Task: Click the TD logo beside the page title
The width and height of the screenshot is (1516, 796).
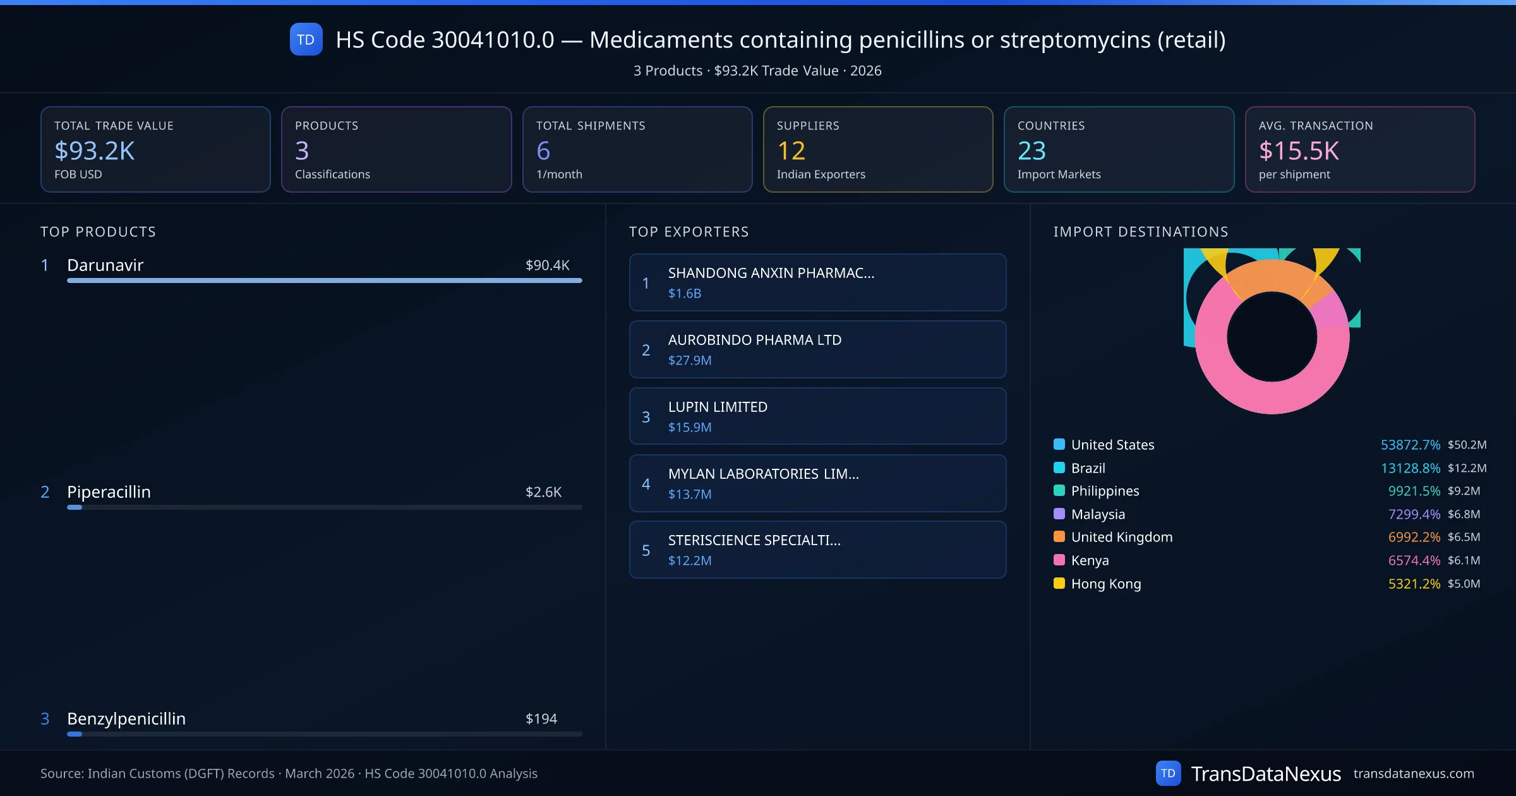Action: point(306,39)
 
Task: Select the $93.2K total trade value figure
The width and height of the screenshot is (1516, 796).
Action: point(95,150)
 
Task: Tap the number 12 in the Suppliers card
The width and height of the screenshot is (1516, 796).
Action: point(791,150)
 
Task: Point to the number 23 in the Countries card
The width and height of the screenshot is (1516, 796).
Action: point(1032,150)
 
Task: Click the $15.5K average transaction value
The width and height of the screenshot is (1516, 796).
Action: point(1299,150)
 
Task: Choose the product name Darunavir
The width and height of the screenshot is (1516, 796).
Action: point(105,265)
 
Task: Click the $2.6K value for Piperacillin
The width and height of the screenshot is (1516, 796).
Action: point(543,492)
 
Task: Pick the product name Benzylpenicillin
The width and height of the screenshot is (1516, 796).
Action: point(126,719)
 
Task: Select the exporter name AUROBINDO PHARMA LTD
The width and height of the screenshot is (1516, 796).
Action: point(754,340)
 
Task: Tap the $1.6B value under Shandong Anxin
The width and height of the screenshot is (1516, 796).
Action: point(685,293)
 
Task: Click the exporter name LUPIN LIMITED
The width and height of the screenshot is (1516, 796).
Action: point(718,407)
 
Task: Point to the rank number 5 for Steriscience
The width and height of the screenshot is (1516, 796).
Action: point(646,550)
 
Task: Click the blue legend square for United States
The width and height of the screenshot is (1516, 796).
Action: point(1059,444)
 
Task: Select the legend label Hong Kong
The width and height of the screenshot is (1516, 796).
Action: point(1106,584)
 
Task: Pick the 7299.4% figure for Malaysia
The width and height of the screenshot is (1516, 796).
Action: point(1414,514)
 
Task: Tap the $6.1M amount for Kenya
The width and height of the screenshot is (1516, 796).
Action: point(1464,560)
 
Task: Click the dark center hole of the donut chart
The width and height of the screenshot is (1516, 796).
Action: point(1272,337)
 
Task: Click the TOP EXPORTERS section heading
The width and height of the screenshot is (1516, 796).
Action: point(689,232)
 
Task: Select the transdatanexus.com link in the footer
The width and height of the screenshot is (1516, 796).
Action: point(1414,773)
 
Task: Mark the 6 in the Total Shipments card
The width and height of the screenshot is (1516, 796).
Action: point(543,150)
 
